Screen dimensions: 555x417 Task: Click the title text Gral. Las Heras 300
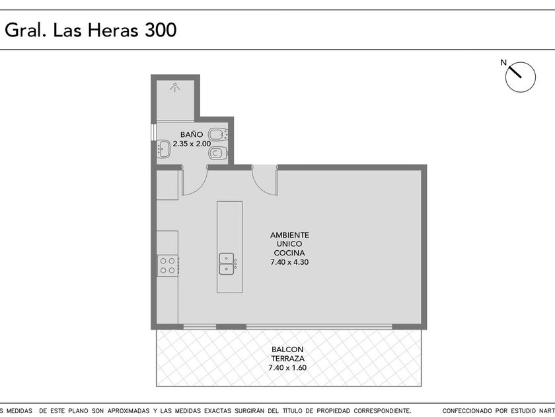91,30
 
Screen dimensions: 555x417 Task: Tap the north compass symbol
521,77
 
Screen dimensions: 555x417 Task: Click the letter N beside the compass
503,63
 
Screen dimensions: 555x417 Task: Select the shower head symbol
174,87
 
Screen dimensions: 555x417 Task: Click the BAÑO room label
192,134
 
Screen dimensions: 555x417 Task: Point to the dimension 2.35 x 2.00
192,144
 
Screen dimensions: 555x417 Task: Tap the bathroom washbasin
163,149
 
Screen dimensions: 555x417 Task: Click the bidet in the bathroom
218,134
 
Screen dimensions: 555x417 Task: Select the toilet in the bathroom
218,153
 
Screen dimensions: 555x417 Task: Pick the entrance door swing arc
261,188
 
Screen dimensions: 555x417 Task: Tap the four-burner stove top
168,265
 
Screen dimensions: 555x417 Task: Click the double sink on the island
227,264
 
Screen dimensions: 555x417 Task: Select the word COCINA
289,253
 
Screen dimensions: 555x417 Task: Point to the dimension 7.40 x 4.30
289,262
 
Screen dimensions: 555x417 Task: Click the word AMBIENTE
289,235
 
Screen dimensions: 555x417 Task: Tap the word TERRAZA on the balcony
288,359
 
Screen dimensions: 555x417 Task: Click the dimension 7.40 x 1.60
287,368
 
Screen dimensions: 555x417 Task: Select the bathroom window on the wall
153,132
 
